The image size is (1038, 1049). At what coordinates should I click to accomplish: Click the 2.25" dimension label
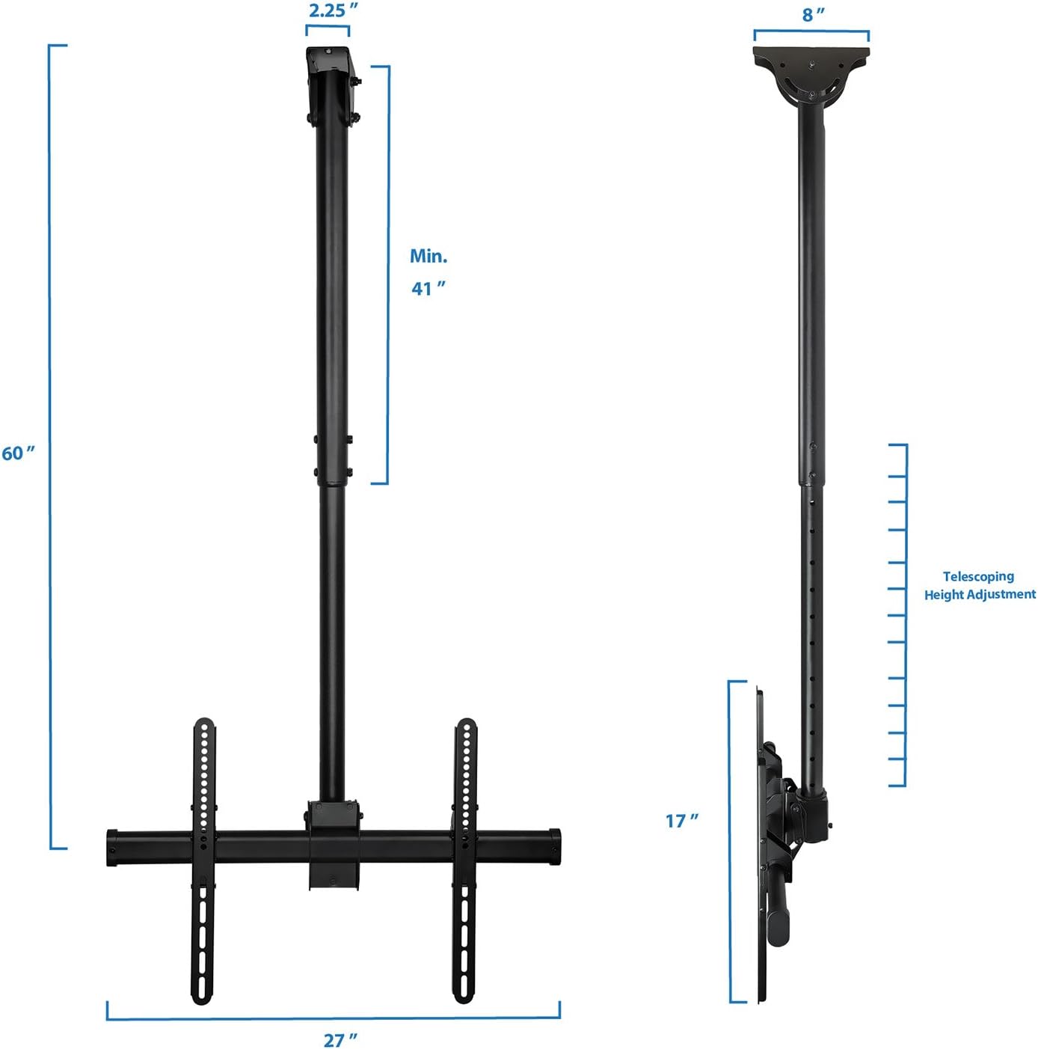[333, 10]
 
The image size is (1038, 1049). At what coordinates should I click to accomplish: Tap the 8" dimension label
[814, 15]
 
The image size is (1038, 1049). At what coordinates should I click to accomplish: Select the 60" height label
[18, 453]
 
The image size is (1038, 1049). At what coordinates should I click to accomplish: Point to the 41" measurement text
[429, 289]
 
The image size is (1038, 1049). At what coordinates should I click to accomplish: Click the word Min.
[429, 256]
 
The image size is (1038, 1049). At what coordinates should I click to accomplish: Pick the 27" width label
[340, 1040]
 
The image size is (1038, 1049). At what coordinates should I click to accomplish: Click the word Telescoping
[978, 576]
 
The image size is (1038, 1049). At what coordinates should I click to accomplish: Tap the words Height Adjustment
[980, 595]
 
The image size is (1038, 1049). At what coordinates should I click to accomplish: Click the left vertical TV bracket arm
[203, 860]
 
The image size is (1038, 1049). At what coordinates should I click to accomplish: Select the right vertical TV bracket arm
[464, 860]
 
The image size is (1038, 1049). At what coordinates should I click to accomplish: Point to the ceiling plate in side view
[811, 56]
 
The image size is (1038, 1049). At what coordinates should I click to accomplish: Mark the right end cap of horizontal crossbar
[555, 847]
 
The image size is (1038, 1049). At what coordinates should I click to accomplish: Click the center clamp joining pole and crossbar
[334, 844]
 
